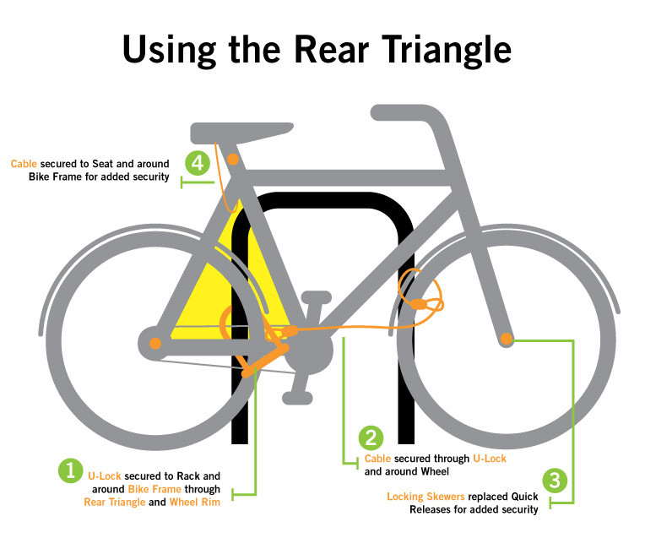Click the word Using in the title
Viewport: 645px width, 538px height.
pos(170,50)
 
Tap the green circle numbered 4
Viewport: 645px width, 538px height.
pos(198,163)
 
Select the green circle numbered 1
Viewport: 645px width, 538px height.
pos(71,470)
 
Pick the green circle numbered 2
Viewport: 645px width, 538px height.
pos(371,437)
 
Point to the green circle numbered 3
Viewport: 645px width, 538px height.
pos(555,480)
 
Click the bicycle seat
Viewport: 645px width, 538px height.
pos(241,133)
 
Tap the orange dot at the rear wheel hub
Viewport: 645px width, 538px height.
pos(155,343)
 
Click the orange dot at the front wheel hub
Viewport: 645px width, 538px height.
pos(507,339)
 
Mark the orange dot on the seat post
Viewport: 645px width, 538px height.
pos(233,160)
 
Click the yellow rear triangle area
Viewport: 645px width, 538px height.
pos(218,288)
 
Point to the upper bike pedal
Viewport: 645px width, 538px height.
pos(317,296)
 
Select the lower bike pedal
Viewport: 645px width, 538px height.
pos(297,398)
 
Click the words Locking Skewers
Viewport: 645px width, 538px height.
pos(425,497)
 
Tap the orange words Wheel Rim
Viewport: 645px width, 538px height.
pos(194,503)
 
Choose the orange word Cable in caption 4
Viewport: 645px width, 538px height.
pos(24,164)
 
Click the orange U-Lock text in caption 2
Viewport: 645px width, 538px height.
pos(490,459)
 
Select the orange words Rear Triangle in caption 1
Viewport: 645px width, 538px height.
pos(115,503)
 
